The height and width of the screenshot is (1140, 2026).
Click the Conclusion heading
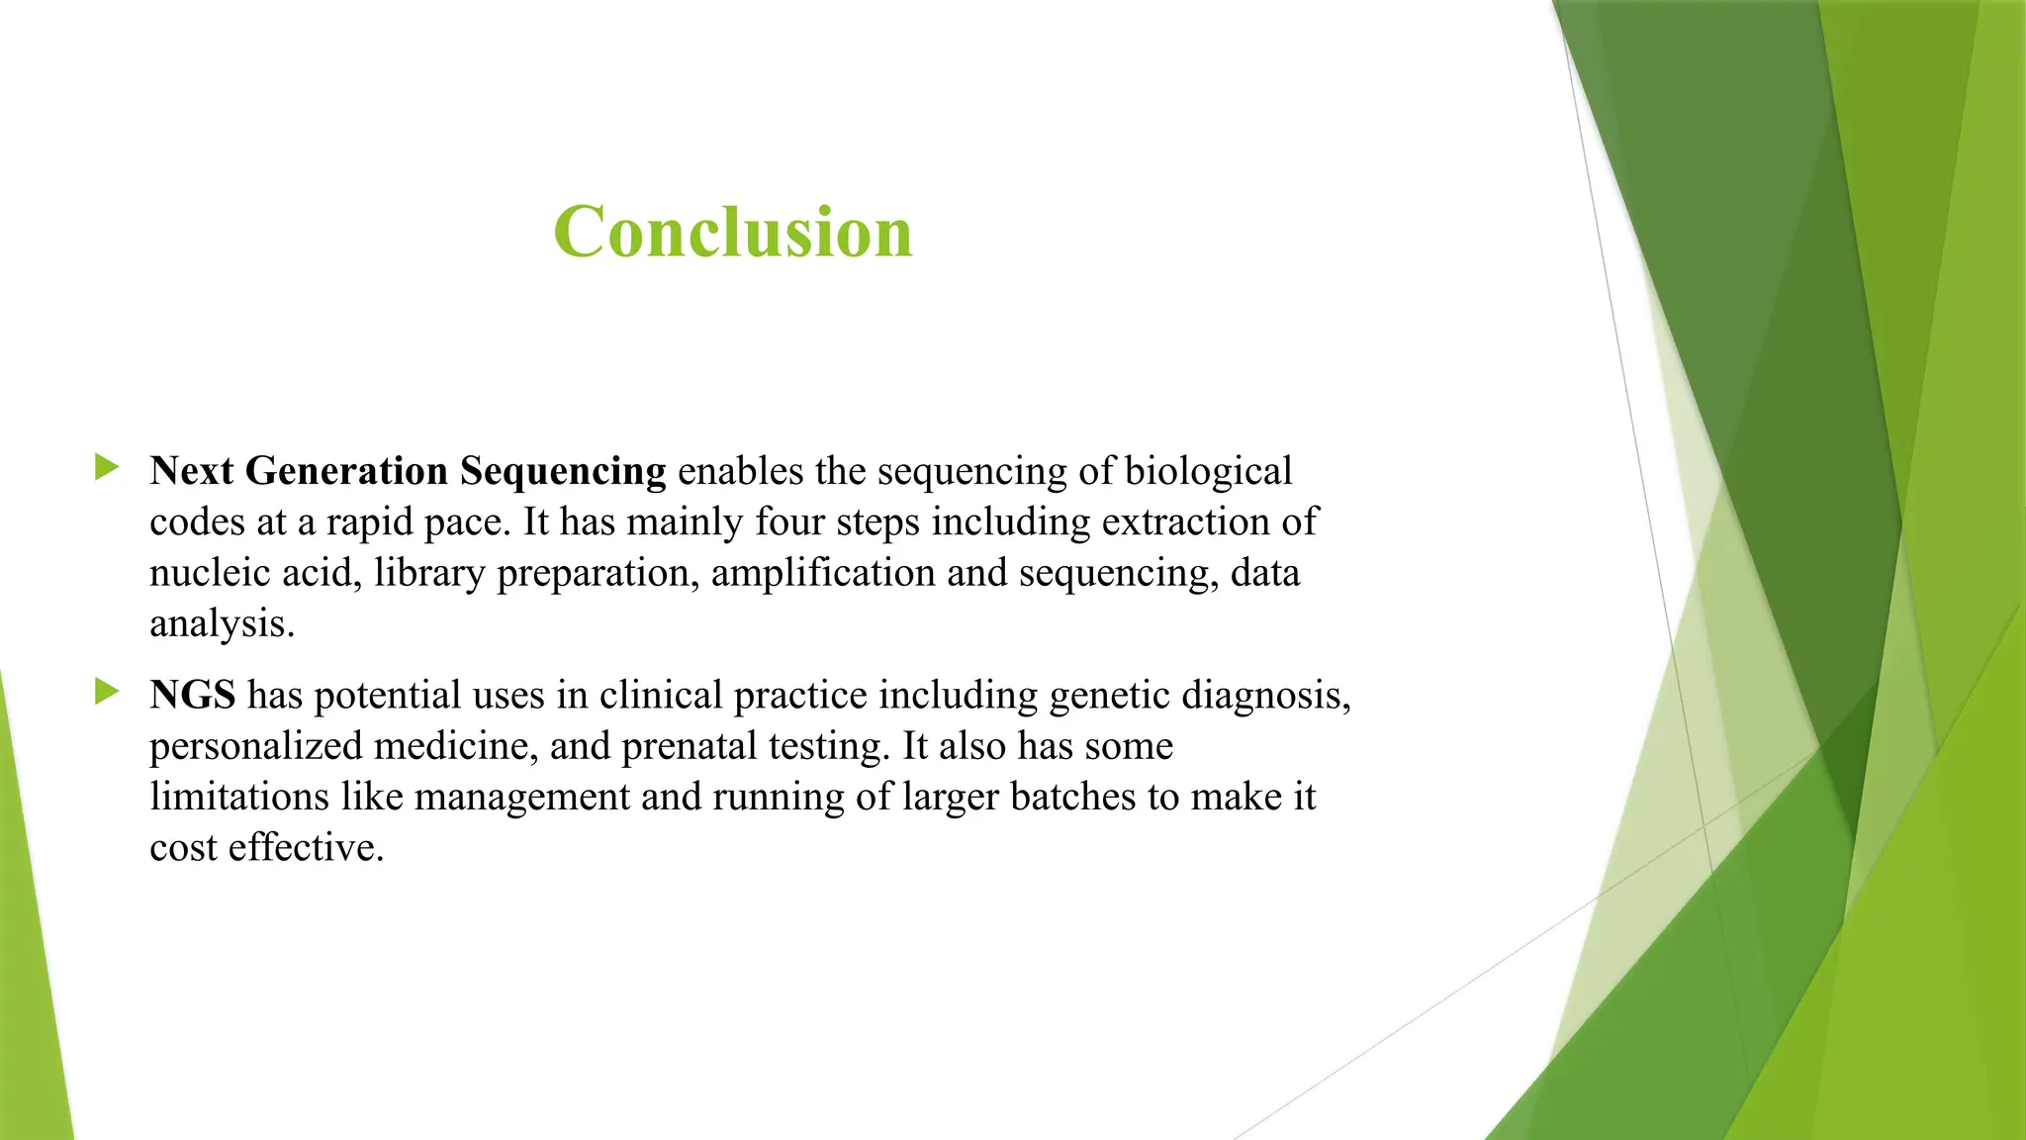point(732,232)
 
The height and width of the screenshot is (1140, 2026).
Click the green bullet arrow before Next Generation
point(107,467)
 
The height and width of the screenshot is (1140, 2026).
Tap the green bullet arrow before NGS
point(107,692)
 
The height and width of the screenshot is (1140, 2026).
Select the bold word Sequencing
point(563,472)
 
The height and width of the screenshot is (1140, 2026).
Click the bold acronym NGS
point(193,695)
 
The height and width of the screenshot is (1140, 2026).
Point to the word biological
point(1208,471)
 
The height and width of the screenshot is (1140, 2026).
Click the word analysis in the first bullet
point(221,624)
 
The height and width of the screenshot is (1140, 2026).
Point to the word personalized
point(255,746)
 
